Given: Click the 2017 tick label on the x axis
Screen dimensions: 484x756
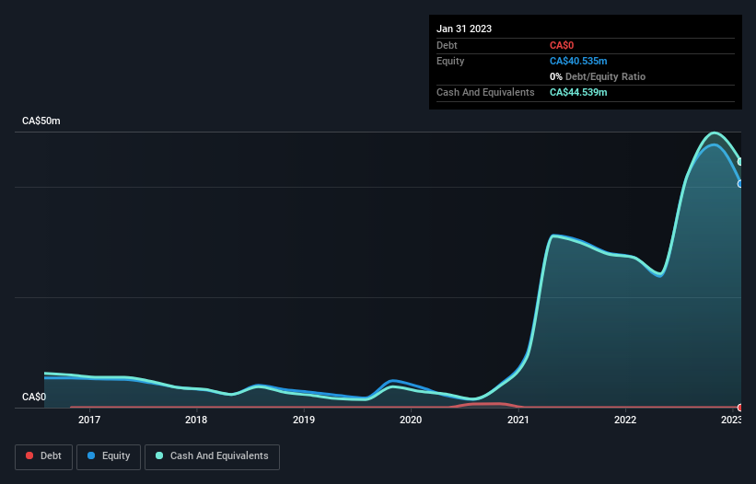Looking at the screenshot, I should (x=89, y=421).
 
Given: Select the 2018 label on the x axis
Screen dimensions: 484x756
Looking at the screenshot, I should (x=196, y=421).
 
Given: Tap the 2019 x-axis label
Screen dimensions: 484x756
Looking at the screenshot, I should (x=304, y=421).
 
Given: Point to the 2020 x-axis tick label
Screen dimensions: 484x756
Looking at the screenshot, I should (x=411, y=421).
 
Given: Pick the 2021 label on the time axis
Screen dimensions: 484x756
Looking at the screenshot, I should (x=518, y=421).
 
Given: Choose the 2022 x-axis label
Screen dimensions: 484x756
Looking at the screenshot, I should (x=625, y=421).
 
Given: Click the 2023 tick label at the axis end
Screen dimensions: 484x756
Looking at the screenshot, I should (x=731, y=421).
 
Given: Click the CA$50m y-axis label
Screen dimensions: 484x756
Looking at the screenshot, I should (x=41, y=121).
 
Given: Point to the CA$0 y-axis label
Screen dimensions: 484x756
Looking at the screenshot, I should (x=34, y=398).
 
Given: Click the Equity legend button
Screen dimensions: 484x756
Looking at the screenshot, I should (x=109, y=456).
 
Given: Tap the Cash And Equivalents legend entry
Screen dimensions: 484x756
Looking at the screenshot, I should (x=212, y=456).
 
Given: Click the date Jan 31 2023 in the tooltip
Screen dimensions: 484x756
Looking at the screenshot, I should (x=464, y=29).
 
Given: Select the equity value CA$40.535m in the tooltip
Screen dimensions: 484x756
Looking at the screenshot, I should (x=578, y=61).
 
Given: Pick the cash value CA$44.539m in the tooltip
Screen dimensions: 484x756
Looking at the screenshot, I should (x=578, y=93).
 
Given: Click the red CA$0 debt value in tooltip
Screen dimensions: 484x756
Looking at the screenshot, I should (x=562, y=45).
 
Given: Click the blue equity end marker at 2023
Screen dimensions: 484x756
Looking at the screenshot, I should (x=740, y=184).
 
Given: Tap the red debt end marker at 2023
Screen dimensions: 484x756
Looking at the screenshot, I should (x=740, y=407).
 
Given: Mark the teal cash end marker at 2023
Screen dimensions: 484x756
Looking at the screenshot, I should (x=740, y=162).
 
